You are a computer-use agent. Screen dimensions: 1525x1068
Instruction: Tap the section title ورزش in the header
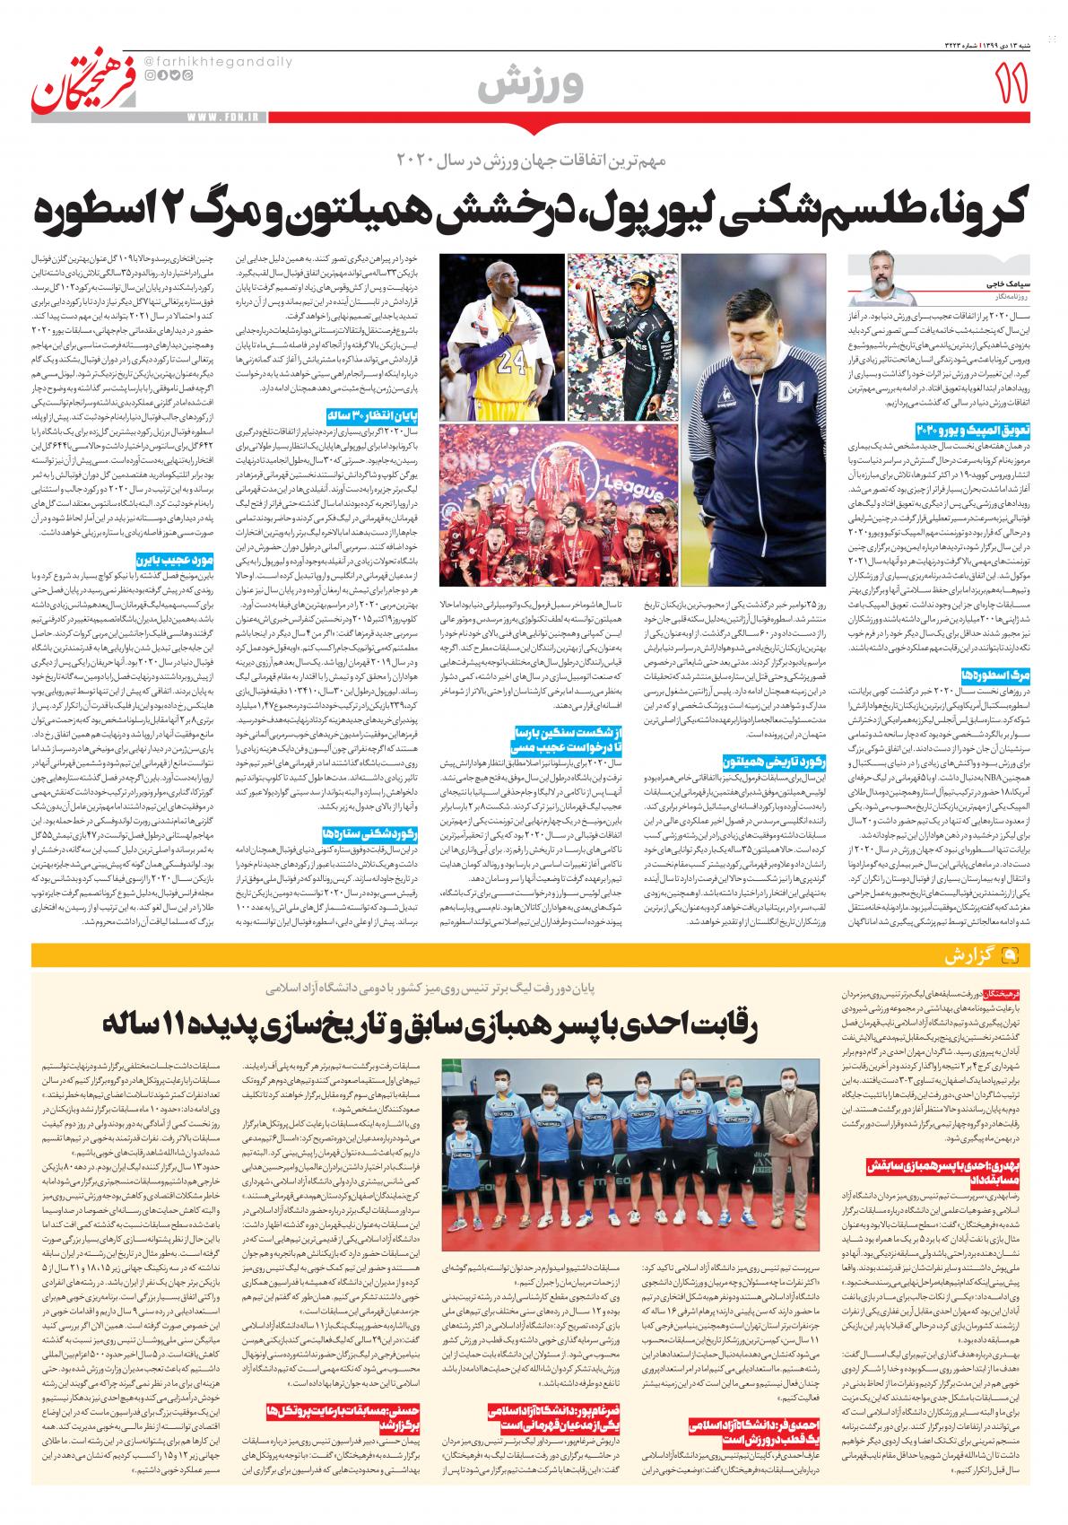[x=531, y=83]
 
